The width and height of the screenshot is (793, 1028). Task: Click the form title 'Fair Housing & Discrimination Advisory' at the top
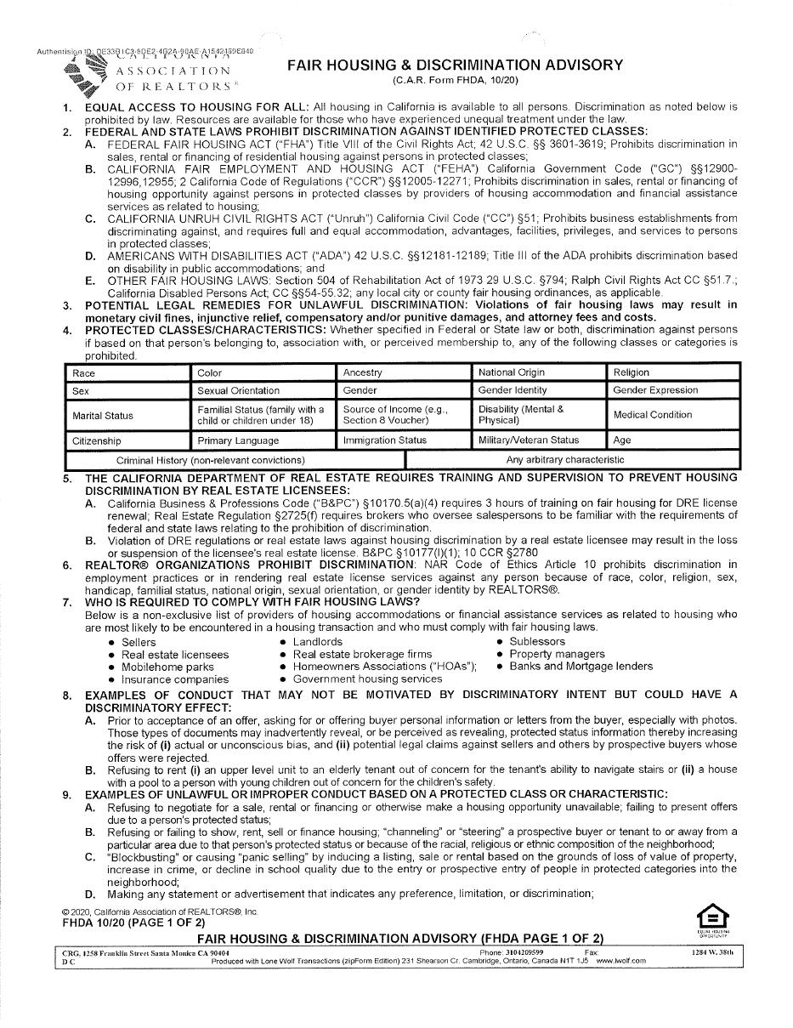point(455,65)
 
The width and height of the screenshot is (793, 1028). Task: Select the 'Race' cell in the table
point(127,372)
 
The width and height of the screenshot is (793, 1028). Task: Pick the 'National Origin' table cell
point(540,372)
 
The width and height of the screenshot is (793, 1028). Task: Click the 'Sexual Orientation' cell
point(263,391)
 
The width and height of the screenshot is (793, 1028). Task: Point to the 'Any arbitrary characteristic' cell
point(565,460)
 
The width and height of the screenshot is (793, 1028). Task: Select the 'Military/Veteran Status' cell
point(540,440)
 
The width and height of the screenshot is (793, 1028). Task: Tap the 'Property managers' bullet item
point(557,654)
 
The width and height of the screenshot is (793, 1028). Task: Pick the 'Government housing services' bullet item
point(367,679)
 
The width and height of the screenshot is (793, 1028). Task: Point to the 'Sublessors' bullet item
point(537,641)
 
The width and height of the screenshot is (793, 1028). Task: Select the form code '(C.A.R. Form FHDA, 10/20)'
point(455,80)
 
